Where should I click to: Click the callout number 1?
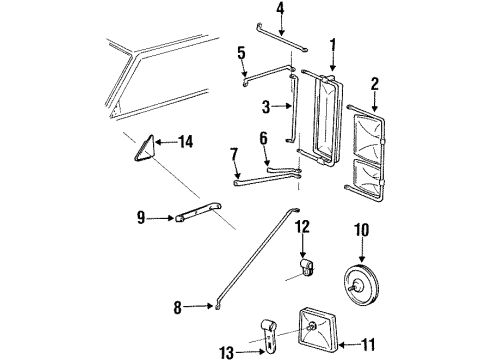pos(333,44)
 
